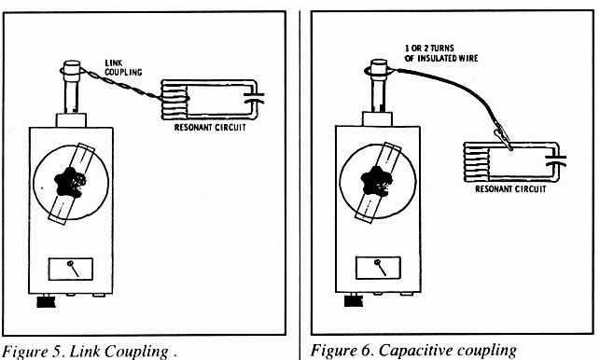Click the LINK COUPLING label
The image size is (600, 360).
(123, 68)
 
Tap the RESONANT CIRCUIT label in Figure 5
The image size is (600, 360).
(210, 128)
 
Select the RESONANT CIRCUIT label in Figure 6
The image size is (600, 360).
(510, 189)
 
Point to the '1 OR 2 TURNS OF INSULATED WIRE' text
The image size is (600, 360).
(441, 53)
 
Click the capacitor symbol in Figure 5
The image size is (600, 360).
(255, 98)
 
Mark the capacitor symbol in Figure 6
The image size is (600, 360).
(557, 159)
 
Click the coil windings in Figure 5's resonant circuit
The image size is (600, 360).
(174, 100)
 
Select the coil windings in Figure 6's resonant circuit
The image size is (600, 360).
(477, 162)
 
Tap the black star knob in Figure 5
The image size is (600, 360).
(70, 182)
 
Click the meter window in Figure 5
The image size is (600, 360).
(70, 269)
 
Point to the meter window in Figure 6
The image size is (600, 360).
(378, 268)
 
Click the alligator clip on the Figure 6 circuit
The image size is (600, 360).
(502, 138)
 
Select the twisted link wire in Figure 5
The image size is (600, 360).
(121, 85)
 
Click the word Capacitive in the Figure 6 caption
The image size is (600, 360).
(414, 351)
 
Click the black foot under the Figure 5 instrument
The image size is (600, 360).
(46, 302)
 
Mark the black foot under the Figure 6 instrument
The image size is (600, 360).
(354, 300)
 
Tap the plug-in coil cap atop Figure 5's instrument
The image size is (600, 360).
(72, 67)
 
